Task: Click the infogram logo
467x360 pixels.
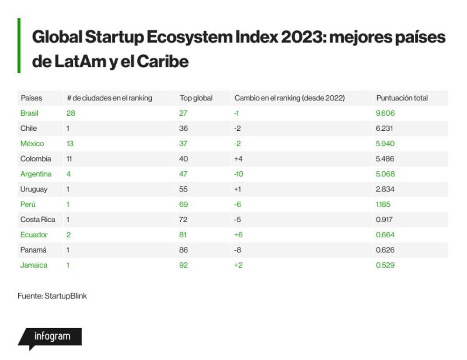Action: [50, 338]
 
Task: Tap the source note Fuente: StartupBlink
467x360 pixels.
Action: [52, 296]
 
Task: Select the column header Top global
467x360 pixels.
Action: [196, 98]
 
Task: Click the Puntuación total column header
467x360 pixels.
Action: [402, 98]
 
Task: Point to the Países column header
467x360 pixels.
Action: [31, 98]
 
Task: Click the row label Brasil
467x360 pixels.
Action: [29, 113]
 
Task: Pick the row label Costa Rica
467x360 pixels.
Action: [37, 219]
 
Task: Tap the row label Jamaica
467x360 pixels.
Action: [34, 265]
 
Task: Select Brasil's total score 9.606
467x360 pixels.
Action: [385, 113]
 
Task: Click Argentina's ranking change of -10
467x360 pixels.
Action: [239, 174]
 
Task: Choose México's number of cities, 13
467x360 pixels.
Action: [70, 143]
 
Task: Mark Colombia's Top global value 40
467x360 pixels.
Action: [184, 159]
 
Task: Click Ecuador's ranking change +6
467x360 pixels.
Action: [238, 235]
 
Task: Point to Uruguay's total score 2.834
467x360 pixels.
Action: [385, 189]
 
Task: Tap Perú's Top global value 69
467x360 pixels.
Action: [184, 204]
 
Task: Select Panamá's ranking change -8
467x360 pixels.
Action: [237, 250]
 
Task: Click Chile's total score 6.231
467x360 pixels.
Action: [384, 128]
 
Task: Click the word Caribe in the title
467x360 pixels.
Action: [163, 62]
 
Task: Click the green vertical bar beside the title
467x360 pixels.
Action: [19, 46]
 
